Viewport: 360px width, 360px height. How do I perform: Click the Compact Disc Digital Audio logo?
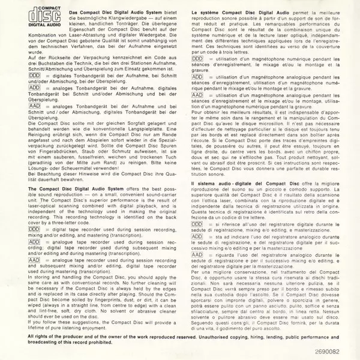point(38,19)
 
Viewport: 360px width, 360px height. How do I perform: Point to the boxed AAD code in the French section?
point(197,95)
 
